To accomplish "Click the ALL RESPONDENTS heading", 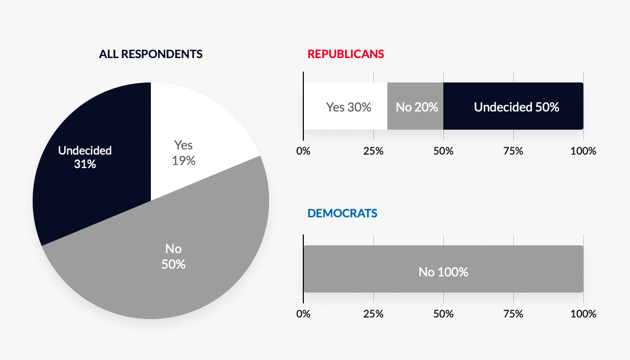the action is click(x=151, y=54).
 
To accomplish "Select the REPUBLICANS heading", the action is click(x=346, y=54).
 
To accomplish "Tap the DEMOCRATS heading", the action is click(x=342, y=213).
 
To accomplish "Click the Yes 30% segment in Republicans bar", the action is click(x=346, y=106).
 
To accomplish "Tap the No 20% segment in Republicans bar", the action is click(x=415, y=106).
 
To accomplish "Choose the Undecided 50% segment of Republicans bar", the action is click(x=513, y=106).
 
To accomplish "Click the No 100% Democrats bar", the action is click(x=443, y=269).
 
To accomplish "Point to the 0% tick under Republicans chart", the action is click(x=303, y=151).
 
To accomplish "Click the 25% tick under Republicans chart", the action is click(x=373, y=151).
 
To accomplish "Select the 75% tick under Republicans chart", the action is click(x=513, y=151).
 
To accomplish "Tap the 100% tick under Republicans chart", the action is click(x=583, y=151).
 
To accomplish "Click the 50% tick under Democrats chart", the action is click(x=443, y=314).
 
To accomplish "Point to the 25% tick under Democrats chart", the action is click(x=373, y=314).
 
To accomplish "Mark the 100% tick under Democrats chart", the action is click(x=583, y=314).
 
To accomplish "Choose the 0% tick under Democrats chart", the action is click(x=303, y=314).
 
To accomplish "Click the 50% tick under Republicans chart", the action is click(x=443, y=151).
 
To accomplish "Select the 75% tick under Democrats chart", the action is click(x=513, y=314).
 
